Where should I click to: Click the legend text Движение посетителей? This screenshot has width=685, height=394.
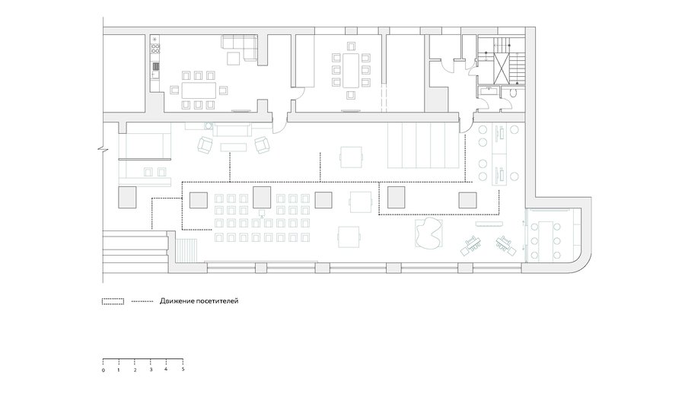coord(199,301)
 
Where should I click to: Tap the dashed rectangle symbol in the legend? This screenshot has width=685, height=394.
coord(113,301)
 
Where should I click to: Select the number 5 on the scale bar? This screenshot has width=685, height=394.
coord(183,369)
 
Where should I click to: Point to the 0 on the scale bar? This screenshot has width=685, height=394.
coord(103,370)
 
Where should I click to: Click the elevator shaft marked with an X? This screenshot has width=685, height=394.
coord(502,68)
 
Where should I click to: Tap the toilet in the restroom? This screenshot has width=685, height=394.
coord(513,93)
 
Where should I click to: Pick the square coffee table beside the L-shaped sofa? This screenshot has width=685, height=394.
coord(234,58)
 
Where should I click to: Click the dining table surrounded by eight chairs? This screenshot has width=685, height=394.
coord(199,90)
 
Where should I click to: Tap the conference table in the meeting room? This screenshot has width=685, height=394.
coord(351,70)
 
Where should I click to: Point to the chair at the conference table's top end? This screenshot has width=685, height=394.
coord(351,46)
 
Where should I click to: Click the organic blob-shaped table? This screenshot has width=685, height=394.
coord(429,233)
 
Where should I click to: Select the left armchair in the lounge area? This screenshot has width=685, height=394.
coord(205,145)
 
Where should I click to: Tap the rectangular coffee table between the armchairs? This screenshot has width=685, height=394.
coord(234,148)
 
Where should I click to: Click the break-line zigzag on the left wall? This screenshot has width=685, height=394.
coord(103,149)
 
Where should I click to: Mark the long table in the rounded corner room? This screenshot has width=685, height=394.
coord(545,240)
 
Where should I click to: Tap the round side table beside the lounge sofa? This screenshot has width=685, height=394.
coord(209,126)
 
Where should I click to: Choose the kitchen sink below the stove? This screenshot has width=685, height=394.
coord(155,66)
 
